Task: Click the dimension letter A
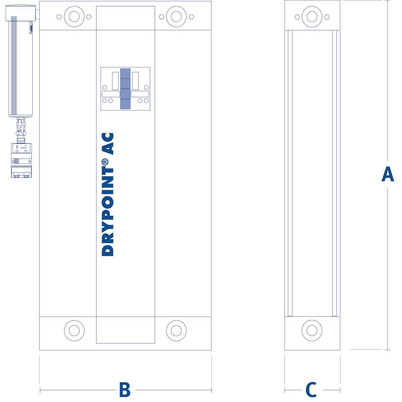point(388,174)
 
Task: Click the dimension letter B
point(125,389)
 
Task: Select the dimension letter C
point(311,389)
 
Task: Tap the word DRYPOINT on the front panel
point(108,209)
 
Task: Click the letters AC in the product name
point(108,144)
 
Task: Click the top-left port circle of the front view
point(74,17)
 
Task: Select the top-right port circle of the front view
point(176,17)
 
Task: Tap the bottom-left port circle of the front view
point(74,330)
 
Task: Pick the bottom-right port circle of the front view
point(176,330)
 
